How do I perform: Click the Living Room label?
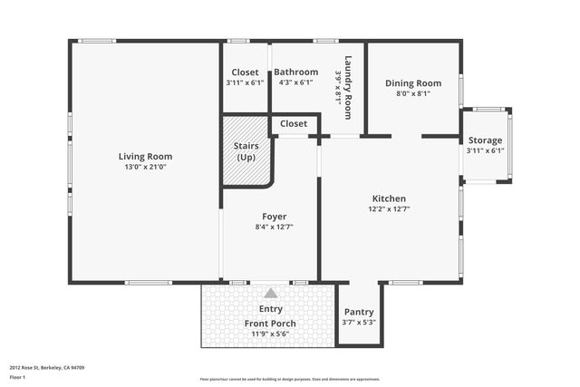click(x=146, y=156)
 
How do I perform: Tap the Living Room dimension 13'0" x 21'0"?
click(x=146, y=167)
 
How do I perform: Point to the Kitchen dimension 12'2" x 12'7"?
click(x=389, y=209)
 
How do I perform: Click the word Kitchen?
click(x=389, y=198)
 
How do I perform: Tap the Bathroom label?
click(x=296, y=72)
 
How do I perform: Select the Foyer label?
click(x=274, y=216)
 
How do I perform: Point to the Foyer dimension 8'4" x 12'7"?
click(x=274, y=227)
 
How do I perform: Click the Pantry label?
click(x=359, y=311)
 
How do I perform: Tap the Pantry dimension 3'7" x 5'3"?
click(x=359, y=322)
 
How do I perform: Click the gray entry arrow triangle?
click(x=270, y=293)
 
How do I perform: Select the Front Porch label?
click(x=270, y=324)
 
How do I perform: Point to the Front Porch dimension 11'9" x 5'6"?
click(x=270, y=334)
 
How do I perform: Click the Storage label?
click(x=485, y=140)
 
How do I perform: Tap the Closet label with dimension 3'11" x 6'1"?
click(x=245, y=72)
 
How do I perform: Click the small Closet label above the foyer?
click(x=293, y=123)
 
